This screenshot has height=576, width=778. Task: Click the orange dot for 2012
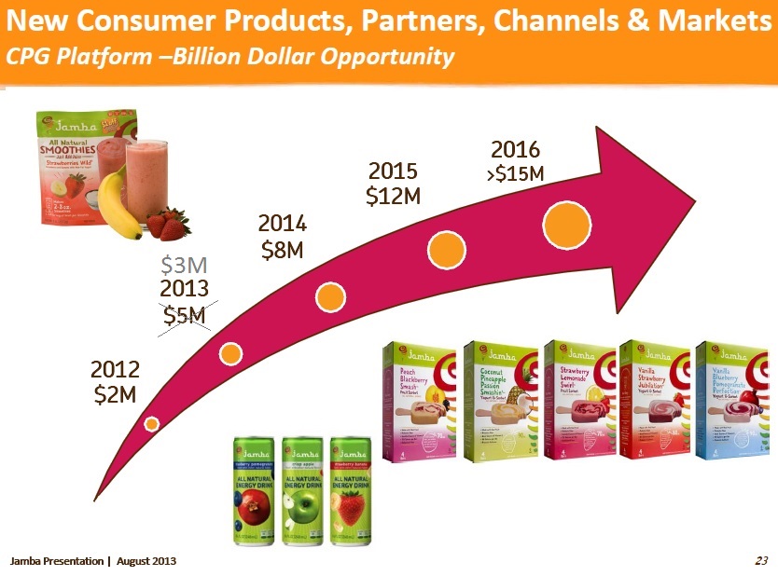152,423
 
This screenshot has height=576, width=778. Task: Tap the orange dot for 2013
230,352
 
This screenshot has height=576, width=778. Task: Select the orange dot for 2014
331,297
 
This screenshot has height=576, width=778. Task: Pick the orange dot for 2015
446,250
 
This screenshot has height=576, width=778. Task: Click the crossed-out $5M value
185,315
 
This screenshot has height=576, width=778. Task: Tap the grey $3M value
185,266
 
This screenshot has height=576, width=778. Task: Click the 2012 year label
115,370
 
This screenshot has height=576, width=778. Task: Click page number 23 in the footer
760,560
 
